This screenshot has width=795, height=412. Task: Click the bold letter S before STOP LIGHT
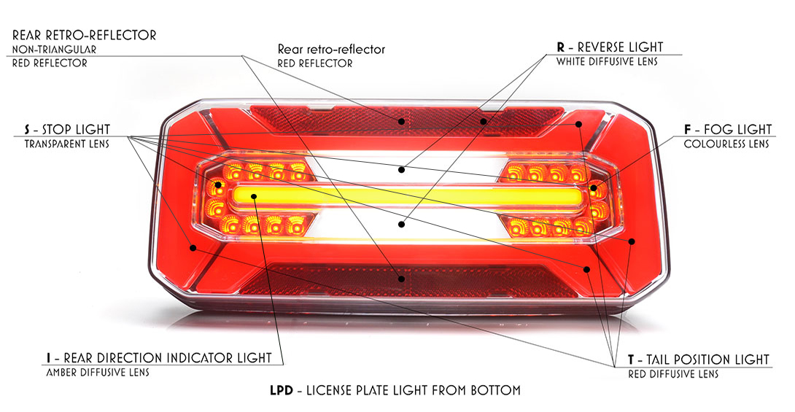click(27, 130)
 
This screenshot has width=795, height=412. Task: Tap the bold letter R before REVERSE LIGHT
click(561, 47)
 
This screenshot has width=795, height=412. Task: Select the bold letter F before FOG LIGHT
click(688, 130)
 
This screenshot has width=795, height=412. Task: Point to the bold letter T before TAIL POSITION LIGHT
click(631, 359)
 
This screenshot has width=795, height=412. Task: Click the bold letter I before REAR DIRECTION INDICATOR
click(49, 358)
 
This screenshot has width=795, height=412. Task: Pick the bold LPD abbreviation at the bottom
click(282, 391)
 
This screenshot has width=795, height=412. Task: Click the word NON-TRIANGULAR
click(54, 50)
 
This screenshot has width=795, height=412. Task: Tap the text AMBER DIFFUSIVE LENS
click(98, 373)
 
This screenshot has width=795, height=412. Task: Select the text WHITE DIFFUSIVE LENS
click(607, 62)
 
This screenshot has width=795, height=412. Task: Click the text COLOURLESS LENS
click(726, 144)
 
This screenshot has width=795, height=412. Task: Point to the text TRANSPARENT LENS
click(67, 144)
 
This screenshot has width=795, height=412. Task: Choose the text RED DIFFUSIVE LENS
click(673, 375)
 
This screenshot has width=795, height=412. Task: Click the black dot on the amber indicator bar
click(254, 196)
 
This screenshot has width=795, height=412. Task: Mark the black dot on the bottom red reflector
click(402, 279)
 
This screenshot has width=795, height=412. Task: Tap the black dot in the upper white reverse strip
click(402, 170)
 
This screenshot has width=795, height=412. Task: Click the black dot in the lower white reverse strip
click(402, 224)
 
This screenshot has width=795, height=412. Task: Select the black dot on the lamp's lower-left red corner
click(193, 248)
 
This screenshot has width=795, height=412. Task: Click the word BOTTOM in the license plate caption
click(495, 391)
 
